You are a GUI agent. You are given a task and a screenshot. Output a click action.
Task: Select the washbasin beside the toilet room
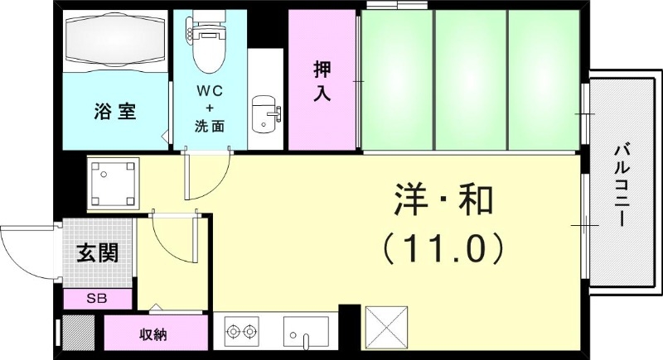(264, 113)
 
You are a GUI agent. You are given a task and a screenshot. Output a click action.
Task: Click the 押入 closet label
(322, 81)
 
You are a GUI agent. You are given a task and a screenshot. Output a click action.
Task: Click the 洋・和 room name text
(443, 200)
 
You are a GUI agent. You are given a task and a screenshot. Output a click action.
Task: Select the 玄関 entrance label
(97, 252)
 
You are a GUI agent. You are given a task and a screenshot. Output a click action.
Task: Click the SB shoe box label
(97, 298)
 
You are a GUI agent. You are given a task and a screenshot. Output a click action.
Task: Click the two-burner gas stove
(240, 333)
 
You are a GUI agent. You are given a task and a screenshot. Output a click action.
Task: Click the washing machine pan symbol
(114, 183)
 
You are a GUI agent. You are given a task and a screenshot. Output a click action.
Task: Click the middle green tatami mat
(470, 81)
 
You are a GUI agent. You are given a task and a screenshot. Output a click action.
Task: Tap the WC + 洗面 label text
(210, 108)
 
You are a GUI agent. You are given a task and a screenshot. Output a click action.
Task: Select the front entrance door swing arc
(25, 248)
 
